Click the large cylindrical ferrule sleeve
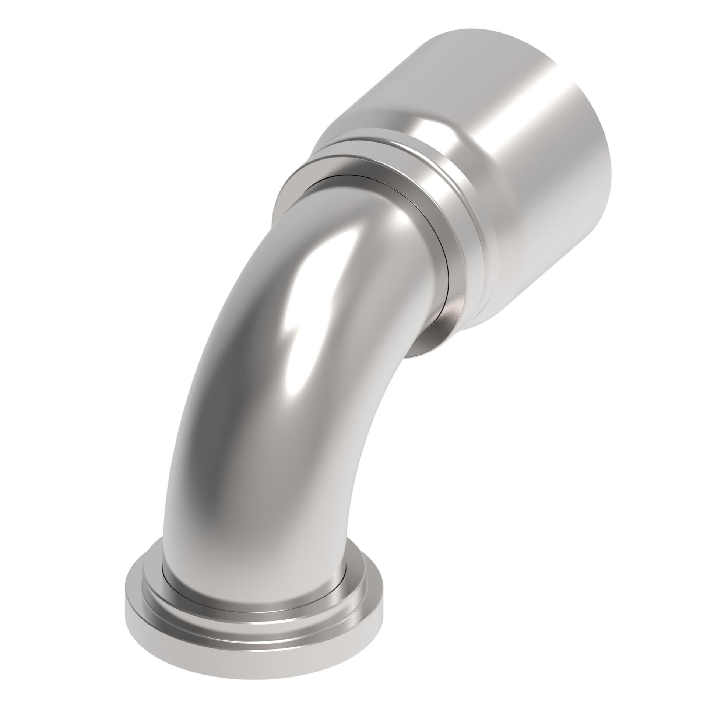coord(516,147)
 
